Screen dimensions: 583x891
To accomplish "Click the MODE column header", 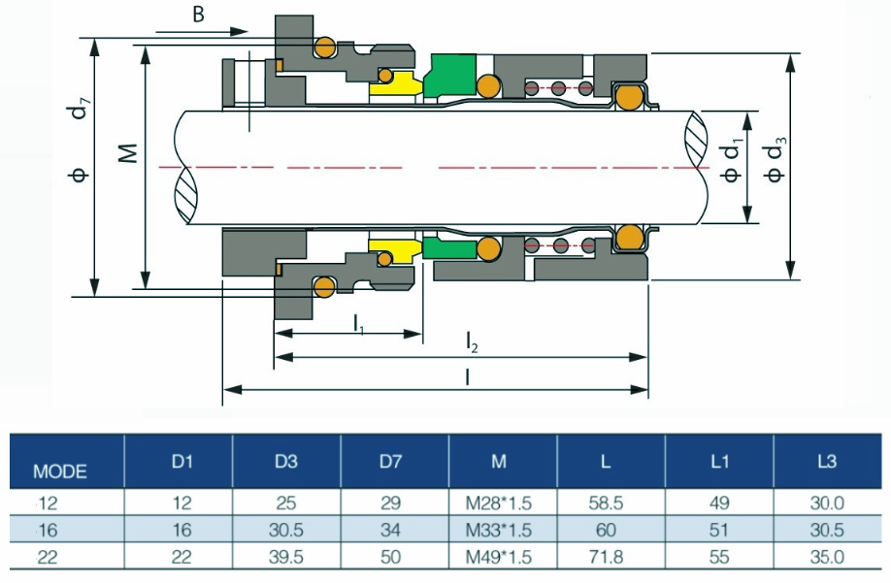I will click(x=60, y=472).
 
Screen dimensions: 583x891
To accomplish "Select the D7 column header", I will click(x=390, y=462).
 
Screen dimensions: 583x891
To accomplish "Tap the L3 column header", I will click(x=826, y=462).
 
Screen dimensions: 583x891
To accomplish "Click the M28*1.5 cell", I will click(x=499, y=504).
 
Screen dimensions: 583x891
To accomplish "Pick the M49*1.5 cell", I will click(x=499, y=557).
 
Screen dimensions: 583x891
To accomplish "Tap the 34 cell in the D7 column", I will click(x=390, y=531).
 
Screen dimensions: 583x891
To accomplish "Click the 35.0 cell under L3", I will click(x=826, y=557).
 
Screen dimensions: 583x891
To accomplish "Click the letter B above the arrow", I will click(x=198, y=15).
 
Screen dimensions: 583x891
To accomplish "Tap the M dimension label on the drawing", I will click(x=126, y=153).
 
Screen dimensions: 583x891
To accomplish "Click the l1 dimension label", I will click(x=358, y=321).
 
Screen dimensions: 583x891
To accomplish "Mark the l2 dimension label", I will click(x=473, y=341).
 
